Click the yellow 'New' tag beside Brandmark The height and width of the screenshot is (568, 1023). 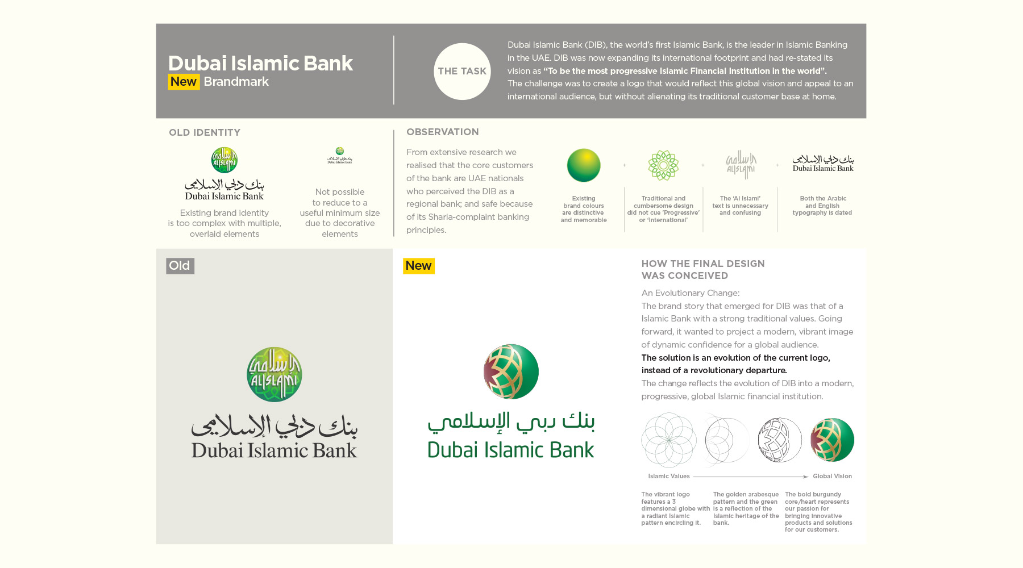pos(184,82)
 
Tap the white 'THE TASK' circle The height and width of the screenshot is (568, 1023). pos(462,72)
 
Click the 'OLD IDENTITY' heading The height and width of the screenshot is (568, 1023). pos(205,132)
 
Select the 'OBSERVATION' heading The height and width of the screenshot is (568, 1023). pos(442,132)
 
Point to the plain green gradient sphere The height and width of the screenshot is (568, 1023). pos(584,165)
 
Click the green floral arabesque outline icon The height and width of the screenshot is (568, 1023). pos(663,165)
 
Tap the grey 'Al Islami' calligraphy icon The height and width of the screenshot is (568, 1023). pos(741,165)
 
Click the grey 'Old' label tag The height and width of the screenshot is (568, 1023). pos(180,266)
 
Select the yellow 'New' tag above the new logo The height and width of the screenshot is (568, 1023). pos(418,266)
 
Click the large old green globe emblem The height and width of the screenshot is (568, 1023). pos(275,374)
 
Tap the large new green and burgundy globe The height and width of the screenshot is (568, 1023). pos(511,371)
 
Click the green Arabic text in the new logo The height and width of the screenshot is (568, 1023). pos(511,421)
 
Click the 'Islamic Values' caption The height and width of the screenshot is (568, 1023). pos(668,477)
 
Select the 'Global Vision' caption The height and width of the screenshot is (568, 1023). pos(832,477)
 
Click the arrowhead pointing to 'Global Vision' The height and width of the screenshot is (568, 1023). pos(805,477)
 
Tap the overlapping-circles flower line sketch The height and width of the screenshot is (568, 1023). pos(669,440)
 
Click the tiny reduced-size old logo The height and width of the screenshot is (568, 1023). pos(340,156)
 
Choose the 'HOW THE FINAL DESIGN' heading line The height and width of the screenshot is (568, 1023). pos(703,264)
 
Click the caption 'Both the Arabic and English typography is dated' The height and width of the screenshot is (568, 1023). pos(822,206)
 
